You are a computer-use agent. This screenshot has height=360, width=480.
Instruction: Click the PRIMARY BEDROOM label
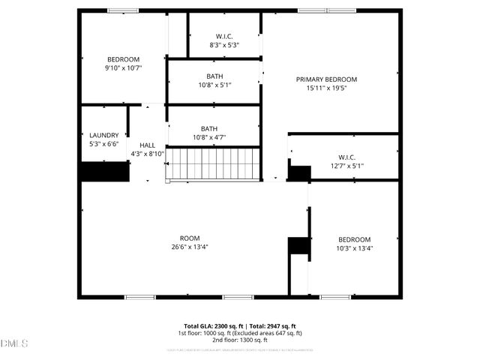326,79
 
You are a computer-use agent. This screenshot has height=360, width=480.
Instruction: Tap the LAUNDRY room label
103,135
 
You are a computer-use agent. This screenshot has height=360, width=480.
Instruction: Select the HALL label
147,145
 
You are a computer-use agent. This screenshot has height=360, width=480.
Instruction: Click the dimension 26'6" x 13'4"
189,247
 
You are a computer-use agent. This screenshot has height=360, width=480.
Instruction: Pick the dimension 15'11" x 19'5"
326,88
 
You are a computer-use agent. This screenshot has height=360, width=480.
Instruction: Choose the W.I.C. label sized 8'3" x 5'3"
223,36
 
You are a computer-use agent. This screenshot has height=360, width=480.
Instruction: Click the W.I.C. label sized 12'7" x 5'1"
346,157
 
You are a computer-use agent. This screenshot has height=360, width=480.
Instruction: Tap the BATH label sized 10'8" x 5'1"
214,76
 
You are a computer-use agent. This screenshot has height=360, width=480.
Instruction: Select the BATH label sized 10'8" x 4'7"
209,128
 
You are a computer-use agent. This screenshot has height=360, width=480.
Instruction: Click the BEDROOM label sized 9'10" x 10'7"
124,59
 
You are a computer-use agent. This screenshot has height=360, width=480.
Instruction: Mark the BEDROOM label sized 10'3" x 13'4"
354,240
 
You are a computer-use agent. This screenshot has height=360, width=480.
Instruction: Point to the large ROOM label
189,238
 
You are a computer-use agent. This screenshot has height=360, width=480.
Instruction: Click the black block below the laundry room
105,172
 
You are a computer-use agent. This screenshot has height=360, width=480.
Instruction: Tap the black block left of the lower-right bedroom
298,247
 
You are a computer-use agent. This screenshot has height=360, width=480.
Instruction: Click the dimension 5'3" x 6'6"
103,143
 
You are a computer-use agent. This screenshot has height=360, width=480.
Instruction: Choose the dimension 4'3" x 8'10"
147,153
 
